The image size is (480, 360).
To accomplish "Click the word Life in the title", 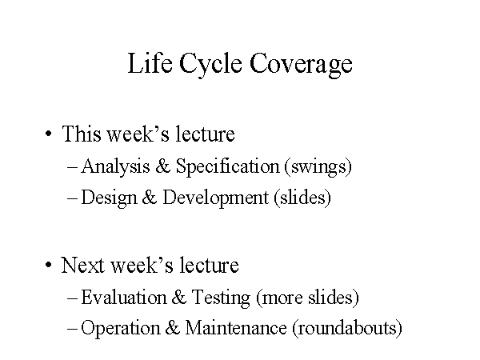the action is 150,62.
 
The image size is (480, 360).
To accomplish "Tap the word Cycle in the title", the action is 210,66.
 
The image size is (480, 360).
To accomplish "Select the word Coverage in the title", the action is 301,66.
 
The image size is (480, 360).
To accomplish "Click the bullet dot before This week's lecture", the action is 48,134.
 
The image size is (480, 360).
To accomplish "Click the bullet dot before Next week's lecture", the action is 48,265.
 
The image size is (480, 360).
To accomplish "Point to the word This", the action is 81,134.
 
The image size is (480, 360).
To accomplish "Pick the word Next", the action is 83,265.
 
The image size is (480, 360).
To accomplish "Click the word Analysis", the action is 115,167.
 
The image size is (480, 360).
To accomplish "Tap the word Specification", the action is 228,167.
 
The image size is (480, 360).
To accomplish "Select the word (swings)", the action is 318,167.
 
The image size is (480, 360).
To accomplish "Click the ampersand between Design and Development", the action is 150,197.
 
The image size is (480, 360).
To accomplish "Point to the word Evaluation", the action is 124,297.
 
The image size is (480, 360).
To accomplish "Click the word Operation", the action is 120,329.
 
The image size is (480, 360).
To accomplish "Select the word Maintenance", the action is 236,327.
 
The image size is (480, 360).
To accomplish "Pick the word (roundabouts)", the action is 347,329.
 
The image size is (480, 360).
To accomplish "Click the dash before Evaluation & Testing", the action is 72,298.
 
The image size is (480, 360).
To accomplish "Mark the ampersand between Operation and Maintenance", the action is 172,327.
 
